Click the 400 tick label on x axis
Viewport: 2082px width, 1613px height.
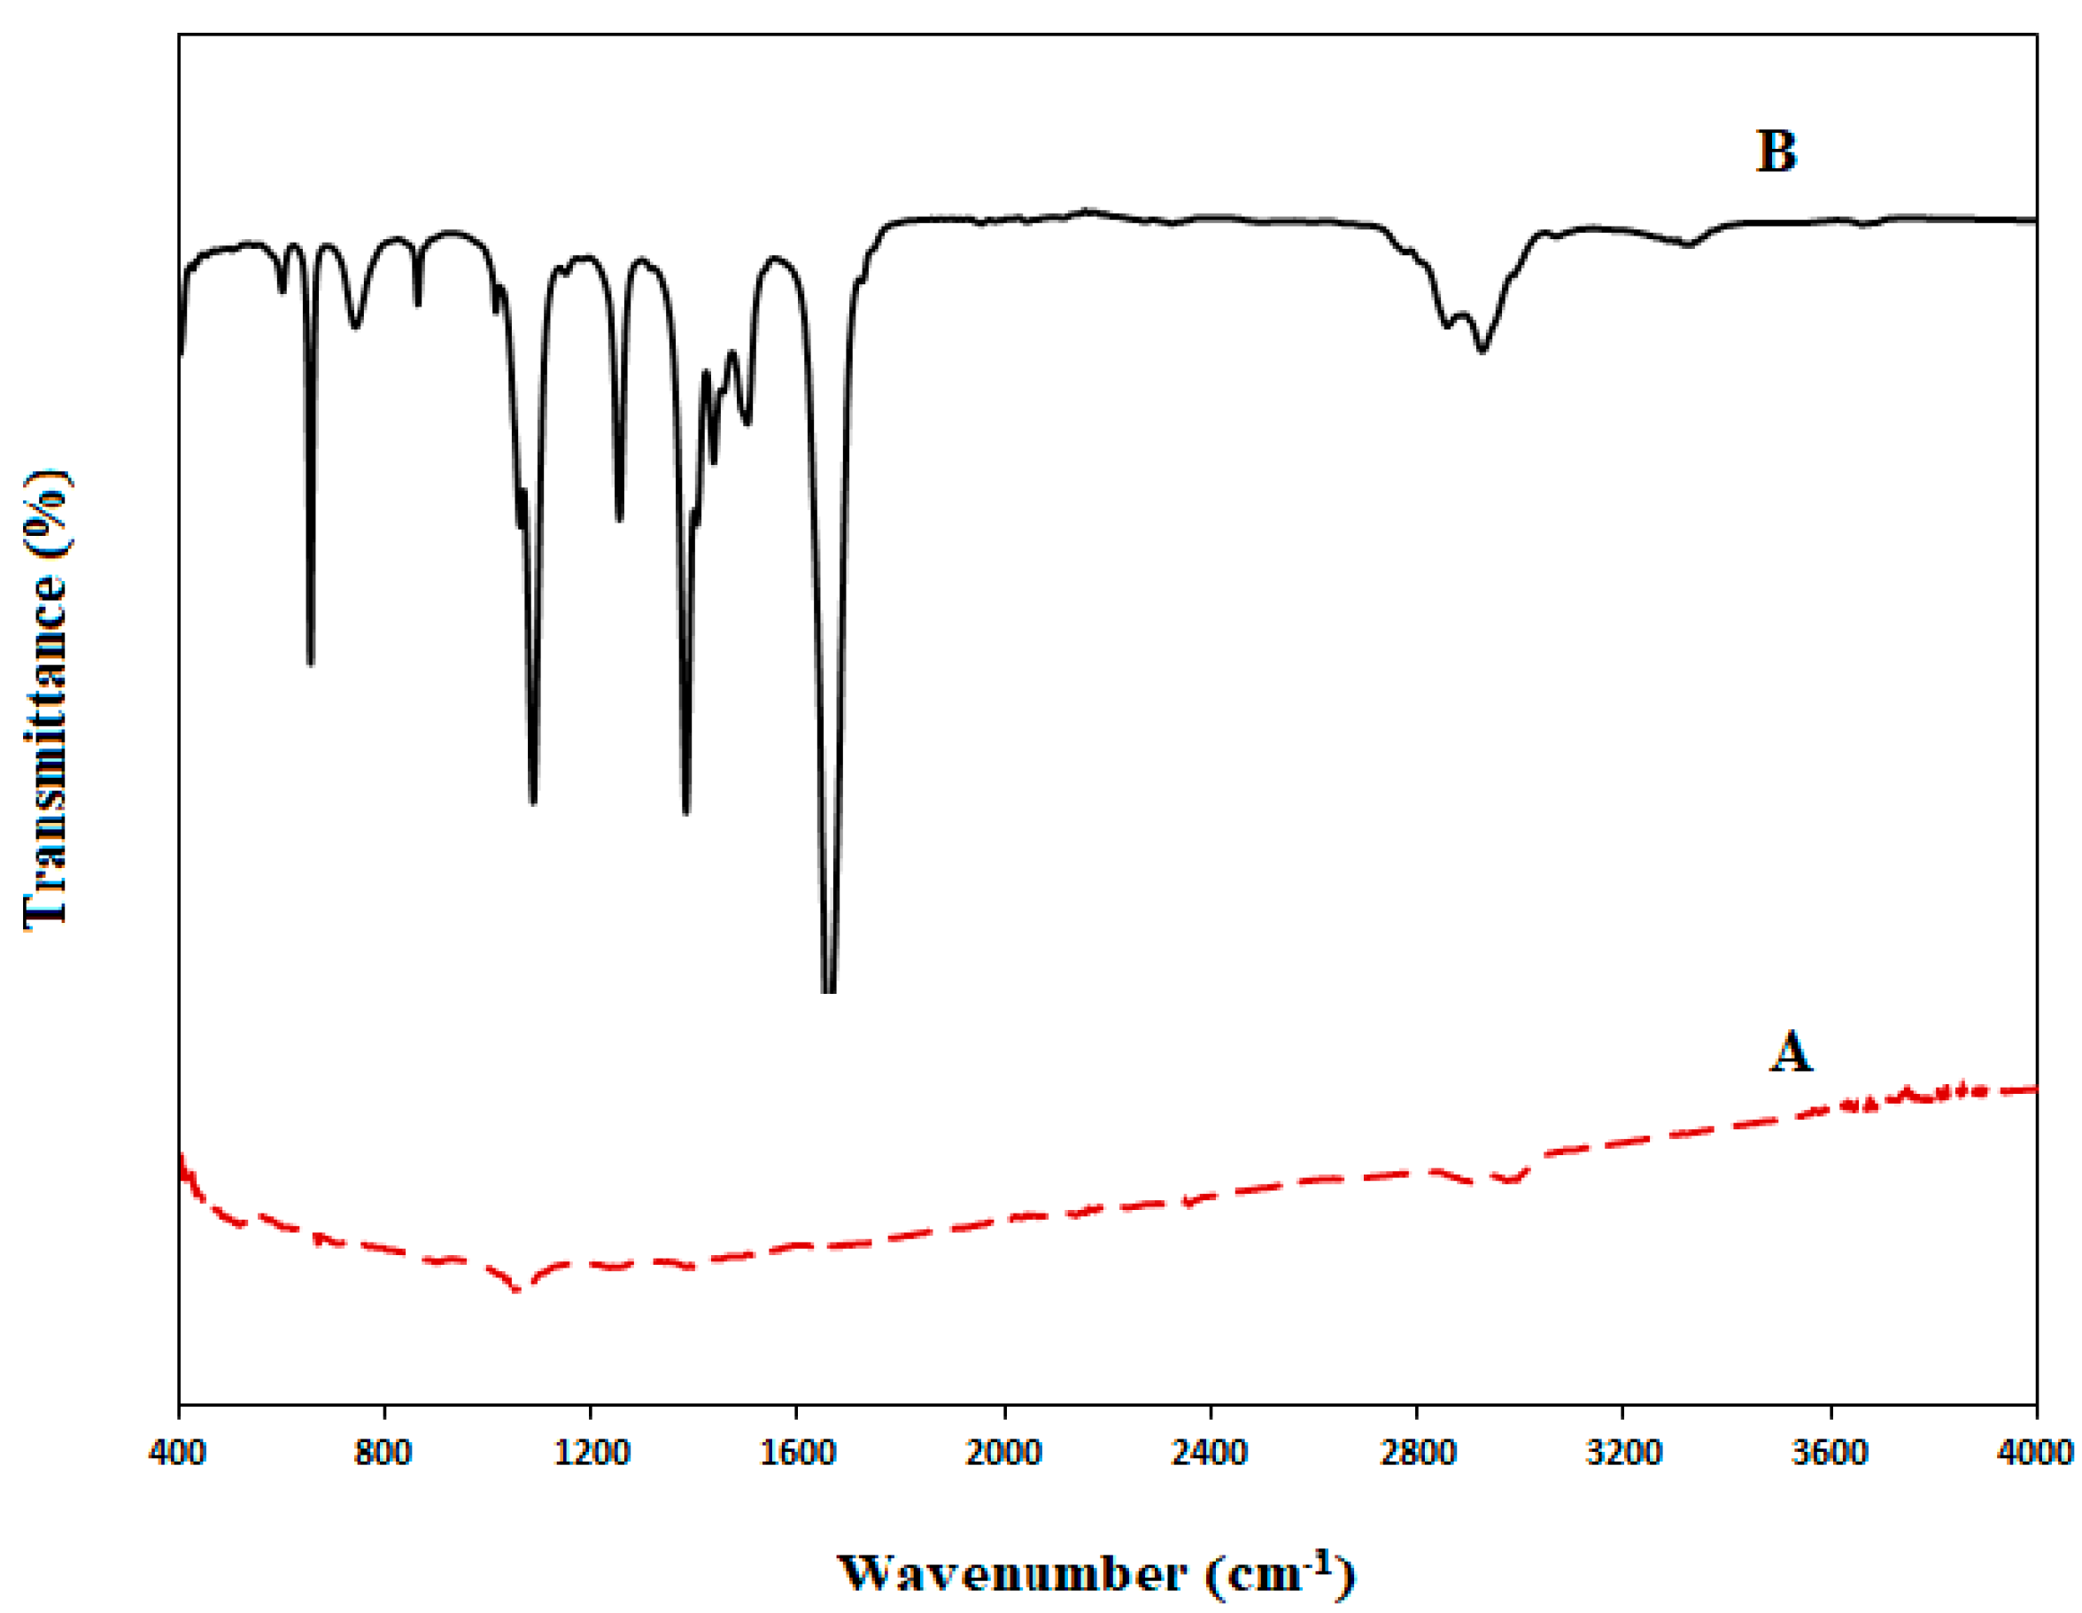177,1453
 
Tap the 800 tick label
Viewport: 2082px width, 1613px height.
383,1453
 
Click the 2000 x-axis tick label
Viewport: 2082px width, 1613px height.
1004,1453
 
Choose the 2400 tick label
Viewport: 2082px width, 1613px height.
1211,1453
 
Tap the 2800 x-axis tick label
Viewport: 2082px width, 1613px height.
1417,1453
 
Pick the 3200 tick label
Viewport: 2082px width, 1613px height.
1623,1453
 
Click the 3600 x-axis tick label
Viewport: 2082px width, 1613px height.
1830,1453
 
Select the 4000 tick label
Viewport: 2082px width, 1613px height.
2038,1453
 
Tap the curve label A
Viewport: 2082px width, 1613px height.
1791,1053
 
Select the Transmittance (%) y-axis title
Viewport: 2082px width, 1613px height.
46,699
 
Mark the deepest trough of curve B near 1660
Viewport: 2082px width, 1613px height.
828,989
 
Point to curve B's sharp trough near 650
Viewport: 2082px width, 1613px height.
311,662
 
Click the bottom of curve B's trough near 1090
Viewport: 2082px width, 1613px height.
533,802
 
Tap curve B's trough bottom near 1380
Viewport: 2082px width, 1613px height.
686,811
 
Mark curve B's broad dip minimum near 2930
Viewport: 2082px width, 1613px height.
1482,351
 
